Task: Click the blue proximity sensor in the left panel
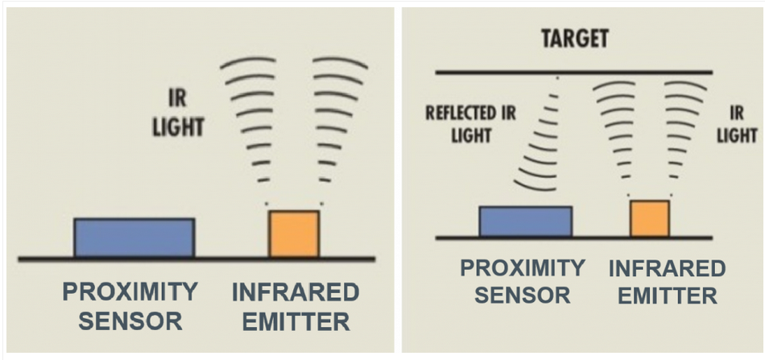pos(134,237)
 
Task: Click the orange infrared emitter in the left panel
pos(294,234)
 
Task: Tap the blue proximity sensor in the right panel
pos(526,221)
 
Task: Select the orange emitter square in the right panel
pos(650,218)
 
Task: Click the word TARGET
pos(575,39)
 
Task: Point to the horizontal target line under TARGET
pos(574,72)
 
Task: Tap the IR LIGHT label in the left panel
pos(178,113)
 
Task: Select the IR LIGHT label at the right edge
pos(737,124)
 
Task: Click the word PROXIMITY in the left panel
pos(130,292)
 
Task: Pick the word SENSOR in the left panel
pos(130,321)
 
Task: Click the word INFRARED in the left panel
pos(296,292)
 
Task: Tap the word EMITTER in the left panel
pos(296,321)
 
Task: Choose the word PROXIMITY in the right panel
pos(523,268)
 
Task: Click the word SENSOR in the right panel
pos(523,295)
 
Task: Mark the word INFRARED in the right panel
pos(667,268)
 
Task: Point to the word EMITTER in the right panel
pos(668,295)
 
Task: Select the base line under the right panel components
pos(574,238)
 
